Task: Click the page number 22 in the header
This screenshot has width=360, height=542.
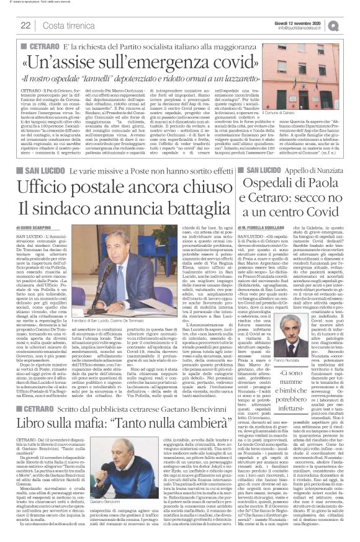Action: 25,25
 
